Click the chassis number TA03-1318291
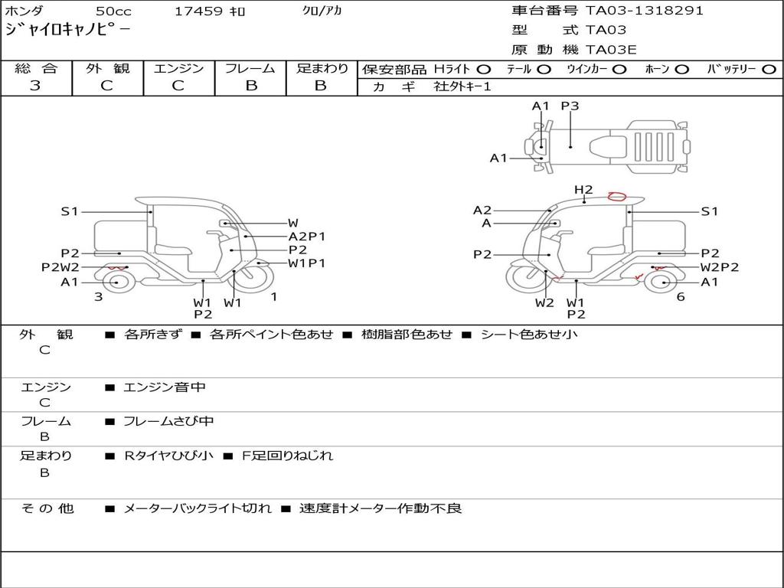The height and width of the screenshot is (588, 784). click(x=645, y=11)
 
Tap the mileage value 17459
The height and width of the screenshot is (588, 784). click(x=198, y=11)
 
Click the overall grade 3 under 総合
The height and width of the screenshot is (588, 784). click(x=35, y=86)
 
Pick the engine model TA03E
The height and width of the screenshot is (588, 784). click(x=611, y=50)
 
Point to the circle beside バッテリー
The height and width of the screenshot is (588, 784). click(x=769, y=70)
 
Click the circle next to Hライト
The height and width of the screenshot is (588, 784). click(x=484, y=70)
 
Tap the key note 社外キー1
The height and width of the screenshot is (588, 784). click(x=462, y=87)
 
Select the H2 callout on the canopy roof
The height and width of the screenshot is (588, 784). click(x=583, y=190)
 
